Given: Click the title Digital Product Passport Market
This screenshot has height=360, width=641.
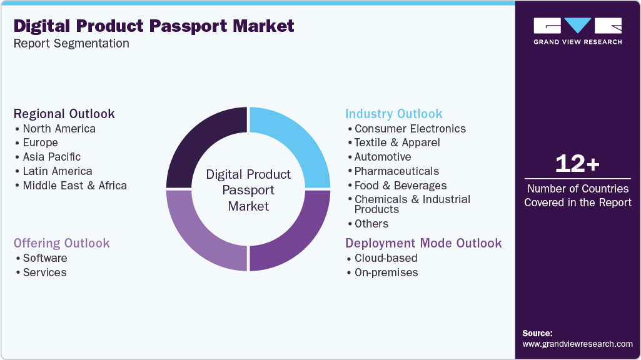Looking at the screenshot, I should (x=154, y=26).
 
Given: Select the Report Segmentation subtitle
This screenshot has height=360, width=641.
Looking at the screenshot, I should (x=71, y=44).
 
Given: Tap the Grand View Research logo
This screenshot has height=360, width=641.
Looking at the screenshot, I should (x=577, y=31).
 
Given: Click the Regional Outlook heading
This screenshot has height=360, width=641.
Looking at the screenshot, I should (x=64, y=114).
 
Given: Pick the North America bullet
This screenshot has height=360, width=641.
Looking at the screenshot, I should (x=59, y=129).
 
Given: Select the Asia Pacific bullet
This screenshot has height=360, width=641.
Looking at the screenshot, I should (x=51, y=157).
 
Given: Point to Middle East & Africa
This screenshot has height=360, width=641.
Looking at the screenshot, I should (x=74, y=186).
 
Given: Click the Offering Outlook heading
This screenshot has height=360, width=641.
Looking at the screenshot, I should (x=62, y=243).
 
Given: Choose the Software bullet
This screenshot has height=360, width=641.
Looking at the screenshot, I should (x=44, y=258).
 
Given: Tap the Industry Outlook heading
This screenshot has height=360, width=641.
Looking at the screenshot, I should (x=393, y=114).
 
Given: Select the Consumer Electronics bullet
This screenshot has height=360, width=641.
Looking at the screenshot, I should (x=410, y=129).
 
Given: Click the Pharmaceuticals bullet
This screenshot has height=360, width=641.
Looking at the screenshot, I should (x=396, y=171).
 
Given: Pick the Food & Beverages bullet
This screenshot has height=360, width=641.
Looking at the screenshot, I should (x=400, y=186).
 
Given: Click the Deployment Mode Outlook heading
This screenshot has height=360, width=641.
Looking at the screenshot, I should (x=423, y=243).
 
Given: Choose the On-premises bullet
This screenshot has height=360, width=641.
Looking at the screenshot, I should (x=386, y=272).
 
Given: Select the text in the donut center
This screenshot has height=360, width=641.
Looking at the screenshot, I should (x=248, y=190).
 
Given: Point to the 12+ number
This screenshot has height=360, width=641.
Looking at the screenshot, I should (x=577, y=164).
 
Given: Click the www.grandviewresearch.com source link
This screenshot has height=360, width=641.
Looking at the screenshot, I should (x=577, y=344).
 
